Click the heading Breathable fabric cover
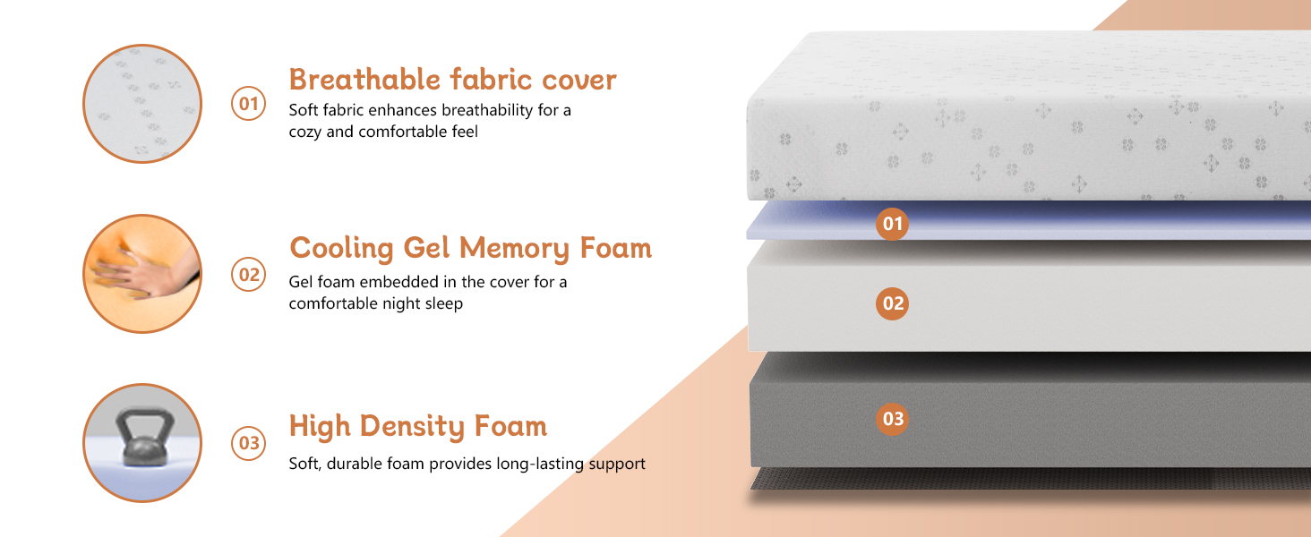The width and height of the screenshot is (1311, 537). (452, 80)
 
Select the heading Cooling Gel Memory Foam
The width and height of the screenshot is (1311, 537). (470, 248)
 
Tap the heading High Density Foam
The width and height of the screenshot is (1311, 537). (418, 426)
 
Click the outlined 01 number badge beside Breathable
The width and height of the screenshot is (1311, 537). (249, 104)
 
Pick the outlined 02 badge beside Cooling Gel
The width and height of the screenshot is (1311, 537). (249, 275)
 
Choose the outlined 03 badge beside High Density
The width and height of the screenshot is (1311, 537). (249, 443)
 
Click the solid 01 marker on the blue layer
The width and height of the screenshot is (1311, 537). (892, 224)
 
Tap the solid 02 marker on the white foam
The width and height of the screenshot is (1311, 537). (892, 303)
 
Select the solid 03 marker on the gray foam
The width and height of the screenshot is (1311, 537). (892, 419)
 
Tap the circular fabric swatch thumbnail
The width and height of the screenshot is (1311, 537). (142, 104)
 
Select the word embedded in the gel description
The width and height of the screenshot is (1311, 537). (398, 282)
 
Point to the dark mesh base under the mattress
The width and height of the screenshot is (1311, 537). (1030, 479)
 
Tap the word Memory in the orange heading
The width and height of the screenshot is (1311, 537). (514, 249)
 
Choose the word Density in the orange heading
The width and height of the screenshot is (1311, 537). (412, 426)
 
